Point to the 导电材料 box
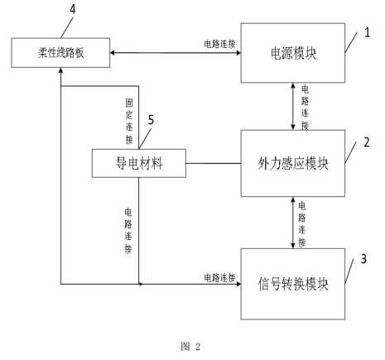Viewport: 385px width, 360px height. (x=138, y=162)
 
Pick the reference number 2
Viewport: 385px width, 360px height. (x=367, y=142)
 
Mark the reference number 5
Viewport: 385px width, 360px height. (x=152, y=118)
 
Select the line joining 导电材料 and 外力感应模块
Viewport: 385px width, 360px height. (x=213, y=161)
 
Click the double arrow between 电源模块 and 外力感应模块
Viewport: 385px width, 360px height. (x=290, y=105)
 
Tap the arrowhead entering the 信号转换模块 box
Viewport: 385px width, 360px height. (x=237, y=285)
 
